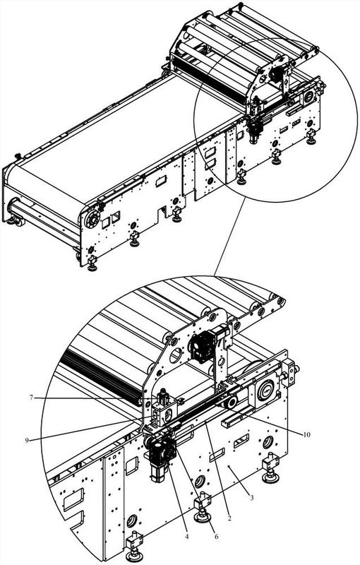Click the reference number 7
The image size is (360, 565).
click(x=31, y=398)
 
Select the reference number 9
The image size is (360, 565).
click(x=27, y=440)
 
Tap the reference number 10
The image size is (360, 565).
click(x=306, y=434)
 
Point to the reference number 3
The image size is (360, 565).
click(x=251, y=499)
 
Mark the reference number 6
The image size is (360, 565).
click(x=217, y=536)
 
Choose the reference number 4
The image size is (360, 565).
click(x=187, y=537)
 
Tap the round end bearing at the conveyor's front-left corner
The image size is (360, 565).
click(x=92, y=219)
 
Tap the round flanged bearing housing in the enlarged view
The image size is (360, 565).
click(x=266, y=391)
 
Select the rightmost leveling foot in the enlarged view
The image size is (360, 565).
click(x=272, y=468)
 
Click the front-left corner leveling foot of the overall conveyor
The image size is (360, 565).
click(x=92, y=262)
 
